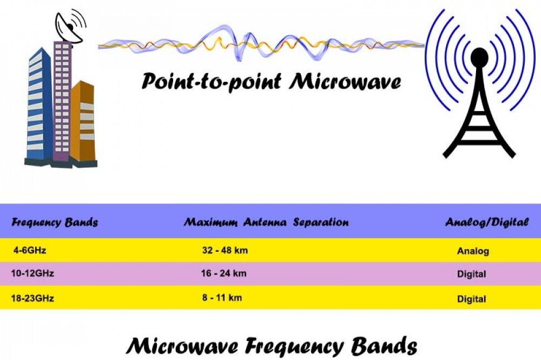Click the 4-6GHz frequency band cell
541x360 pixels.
click(x=30, y=250)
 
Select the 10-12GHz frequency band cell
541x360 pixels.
click(x=32, y=273)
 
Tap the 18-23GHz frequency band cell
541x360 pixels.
click(x=32, y=298)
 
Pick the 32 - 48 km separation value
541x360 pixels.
click(x=225, y=250)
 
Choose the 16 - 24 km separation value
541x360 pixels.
click(x=223, y=273)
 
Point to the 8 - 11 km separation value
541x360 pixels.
click(x=222, y=298)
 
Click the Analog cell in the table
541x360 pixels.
click(x=473, y=251)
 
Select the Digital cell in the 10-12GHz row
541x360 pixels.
click(x=472, y=274)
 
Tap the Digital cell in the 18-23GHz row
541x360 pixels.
click(x=472, y=299)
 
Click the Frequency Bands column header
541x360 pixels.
click(x=55, y=222)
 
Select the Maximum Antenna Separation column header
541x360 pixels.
click(x=266, y=222)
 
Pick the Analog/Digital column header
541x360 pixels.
click(x=487, y=222)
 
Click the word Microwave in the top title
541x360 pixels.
click(x=345, y=82)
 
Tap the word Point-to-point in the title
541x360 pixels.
click(x=211, y=82)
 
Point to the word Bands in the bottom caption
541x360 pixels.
click(x=384, y=346)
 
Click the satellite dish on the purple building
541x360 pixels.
click(x=70, y=28)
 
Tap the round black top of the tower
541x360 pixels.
click(x=479, y=57)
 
